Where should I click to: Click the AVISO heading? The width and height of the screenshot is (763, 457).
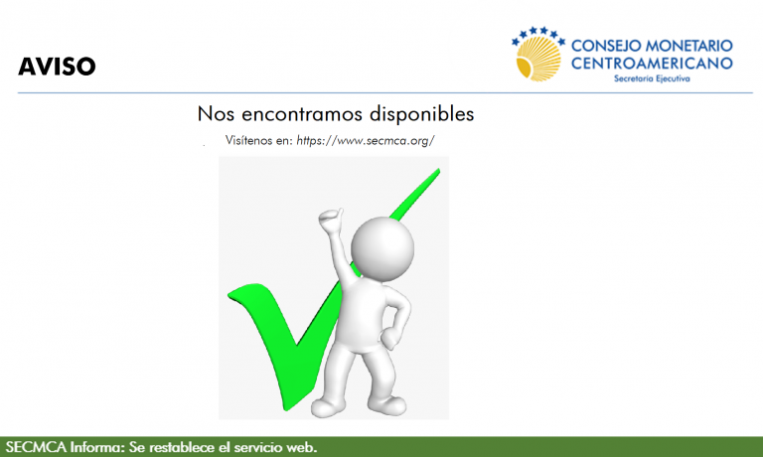(x=57, y=67)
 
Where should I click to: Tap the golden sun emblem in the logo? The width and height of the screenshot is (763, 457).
(x=537, y=59)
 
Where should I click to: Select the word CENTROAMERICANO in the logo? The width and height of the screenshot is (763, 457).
(x=652, y=64)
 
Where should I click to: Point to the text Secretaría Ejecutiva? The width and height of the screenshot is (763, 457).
(x=652, y=78)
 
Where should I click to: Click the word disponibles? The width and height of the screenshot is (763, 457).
(x=421, y=114)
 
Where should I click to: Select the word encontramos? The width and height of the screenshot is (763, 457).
(x=302, y=114)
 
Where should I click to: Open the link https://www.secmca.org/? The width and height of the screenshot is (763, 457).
(x=366, y=141)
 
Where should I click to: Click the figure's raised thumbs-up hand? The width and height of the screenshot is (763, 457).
(x=331, y=220)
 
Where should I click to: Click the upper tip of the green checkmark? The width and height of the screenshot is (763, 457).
(x=438, y=170)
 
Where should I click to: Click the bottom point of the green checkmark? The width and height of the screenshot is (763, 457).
(x=286, y=409)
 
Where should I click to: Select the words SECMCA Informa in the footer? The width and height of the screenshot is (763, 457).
(x=66, y=447)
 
